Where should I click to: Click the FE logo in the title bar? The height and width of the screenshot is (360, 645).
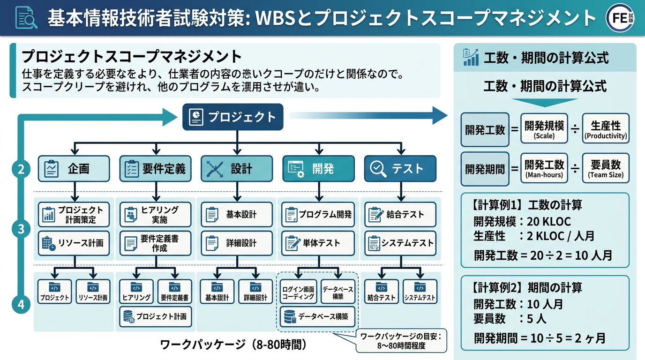pyautogui.click(x=622, y=18)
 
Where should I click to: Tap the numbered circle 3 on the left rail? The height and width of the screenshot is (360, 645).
pyautogui.click(x=21, y=229)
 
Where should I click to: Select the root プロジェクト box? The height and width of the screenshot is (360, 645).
pyautogui.click(x=233, y=117)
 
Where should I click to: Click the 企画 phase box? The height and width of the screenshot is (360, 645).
pyautogui.click(x=74, y=169)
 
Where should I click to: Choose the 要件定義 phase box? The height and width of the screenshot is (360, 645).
pyautogui.click(x=155, y=169)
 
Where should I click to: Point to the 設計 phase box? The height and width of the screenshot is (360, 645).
pyautogui.click(x=237, y=169)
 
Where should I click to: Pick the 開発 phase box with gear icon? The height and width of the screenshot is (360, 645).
pyautogui.click(x=318, y=169)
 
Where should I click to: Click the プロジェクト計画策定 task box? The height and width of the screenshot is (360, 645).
pyautogui.click(x=74, y=215)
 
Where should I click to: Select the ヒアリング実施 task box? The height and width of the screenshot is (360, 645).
pyautogui.click(x=155, y=215)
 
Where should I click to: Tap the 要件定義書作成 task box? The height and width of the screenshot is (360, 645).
pyautogui.click(x=155, y=243)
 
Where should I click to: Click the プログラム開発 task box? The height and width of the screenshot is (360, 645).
pyautogui.click(x=318, y=215)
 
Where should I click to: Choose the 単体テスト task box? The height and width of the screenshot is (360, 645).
pyautogui.click(x=318, y=243)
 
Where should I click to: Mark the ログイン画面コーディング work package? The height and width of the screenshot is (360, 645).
pyautogui.click(x=298, y=292)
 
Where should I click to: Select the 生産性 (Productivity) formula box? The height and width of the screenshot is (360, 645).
pyautogui.click(x=605, y=129)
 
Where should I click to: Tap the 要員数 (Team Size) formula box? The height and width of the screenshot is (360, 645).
pyautogui.click(x=605, y=168)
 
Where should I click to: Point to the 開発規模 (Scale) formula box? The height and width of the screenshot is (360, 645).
pyautogui.click(x=544, y=129)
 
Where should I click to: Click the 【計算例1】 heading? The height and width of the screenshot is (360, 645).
pyautogui.click(x=495, y=205)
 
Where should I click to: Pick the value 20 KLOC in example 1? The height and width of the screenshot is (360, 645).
pyautogui.click(x=548, y=221)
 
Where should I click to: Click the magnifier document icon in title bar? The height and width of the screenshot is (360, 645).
pyautogui.click(x=26, y=18)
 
